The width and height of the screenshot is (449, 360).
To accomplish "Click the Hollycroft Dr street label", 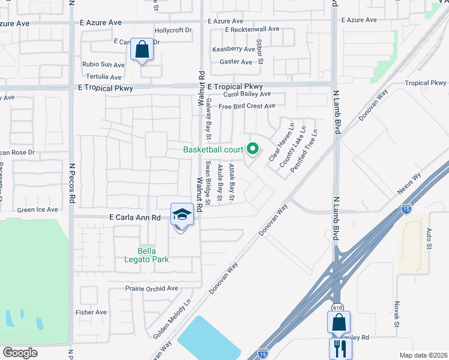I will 173,29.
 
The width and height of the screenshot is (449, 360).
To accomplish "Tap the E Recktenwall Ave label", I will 253,29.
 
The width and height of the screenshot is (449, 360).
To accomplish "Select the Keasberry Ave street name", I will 234,49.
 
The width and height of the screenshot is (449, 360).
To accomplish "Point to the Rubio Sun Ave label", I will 104,64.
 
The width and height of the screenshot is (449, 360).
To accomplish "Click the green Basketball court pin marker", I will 253,148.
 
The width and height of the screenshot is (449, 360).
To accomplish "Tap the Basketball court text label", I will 212,149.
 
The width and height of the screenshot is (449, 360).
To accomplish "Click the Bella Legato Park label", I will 152,254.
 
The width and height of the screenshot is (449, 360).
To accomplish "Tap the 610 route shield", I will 337,307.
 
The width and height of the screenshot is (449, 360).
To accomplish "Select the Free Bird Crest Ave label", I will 247,106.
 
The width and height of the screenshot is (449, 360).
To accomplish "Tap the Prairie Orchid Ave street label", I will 152,288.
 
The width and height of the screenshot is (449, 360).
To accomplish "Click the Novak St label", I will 396,314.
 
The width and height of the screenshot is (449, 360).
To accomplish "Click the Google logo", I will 20,353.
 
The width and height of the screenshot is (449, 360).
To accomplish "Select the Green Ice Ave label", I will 37,210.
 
